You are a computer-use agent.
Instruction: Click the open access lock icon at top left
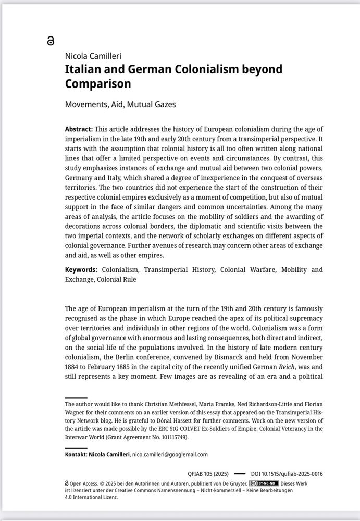[51, 41]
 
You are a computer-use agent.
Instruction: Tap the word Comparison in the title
[98, 83]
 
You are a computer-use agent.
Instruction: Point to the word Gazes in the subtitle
[163, 104]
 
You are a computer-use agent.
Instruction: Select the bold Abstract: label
[79, 129]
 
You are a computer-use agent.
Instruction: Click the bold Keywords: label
[81, 269]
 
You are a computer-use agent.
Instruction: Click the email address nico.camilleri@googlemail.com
[170, 454]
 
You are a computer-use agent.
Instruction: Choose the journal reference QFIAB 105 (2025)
[208, 474]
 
